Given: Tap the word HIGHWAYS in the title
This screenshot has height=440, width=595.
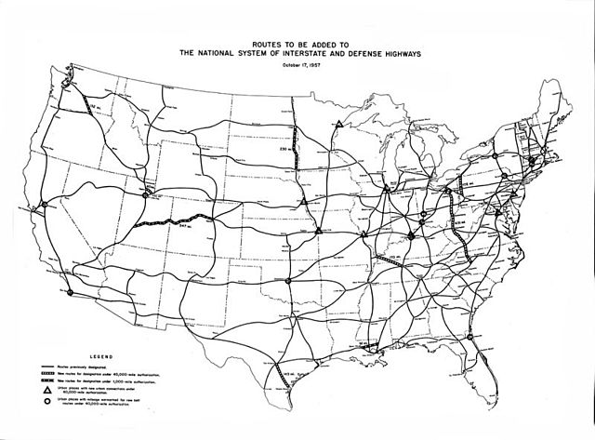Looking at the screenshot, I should pos(401,53).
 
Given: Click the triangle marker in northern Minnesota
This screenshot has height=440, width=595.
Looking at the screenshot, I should pos(340,123).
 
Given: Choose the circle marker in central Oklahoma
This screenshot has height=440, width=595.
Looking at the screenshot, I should pos(289,278).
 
